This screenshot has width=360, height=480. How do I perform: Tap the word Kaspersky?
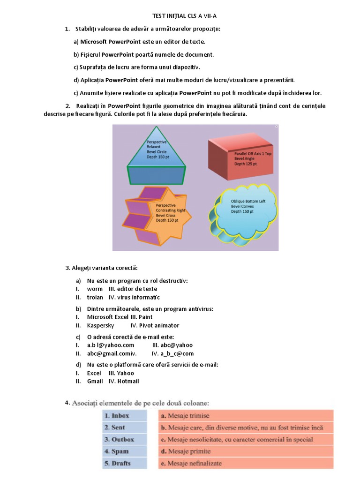100,325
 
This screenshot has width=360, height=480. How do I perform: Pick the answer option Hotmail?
128,381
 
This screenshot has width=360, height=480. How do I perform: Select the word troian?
95,297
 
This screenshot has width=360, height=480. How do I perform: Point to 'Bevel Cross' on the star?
167,216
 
